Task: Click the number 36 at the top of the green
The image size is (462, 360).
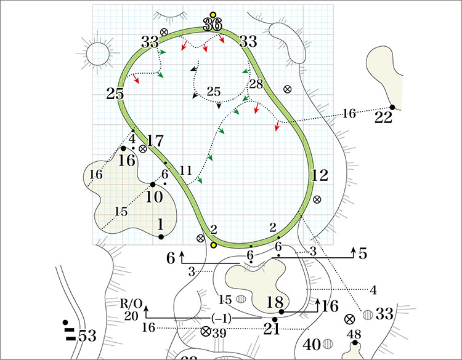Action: point(212,25)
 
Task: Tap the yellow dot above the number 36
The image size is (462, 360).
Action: point(213,14)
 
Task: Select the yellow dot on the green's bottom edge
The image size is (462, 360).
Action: point(214,245)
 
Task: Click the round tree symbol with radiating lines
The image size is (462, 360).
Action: point(98,54)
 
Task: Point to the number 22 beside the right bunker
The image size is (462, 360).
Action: point(384,118)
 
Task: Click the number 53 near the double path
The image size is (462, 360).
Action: point(87,336)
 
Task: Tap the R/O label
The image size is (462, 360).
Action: point(131,303)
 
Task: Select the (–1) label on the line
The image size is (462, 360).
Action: point(221,318)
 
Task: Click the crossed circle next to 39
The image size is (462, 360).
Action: point(206,332)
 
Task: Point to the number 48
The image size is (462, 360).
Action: point(354,334)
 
